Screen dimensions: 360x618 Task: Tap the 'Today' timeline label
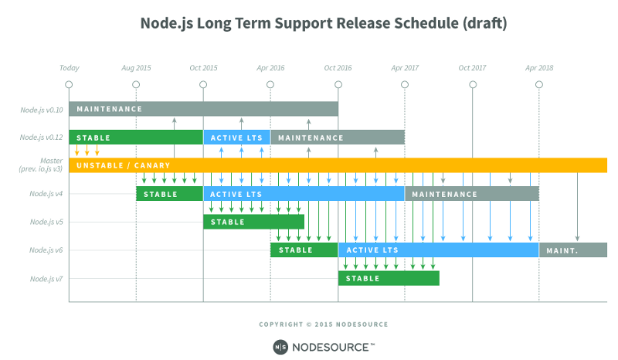(x=70, y=68)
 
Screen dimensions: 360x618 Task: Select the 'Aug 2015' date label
(x=136, y=68)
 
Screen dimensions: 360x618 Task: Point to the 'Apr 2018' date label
(x=539, y=68)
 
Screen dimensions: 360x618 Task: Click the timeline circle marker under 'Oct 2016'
(x=338, y=84)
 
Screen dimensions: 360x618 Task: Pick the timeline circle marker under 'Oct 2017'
(x=472, y=84)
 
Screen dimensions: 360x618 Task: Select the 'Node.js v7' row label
(x=46, y=279)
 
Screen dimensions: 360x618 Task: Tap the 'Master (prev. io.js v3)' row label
(x=42, y=165)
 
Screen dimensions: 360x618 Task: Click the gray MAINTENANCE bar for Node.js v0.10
(x=202, y=109)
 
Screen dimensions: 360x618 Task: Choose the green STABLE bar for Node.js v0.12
(x=135, y=138)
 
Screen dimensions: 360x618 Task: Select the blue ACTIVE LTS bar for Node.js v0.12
(x=236, y=138)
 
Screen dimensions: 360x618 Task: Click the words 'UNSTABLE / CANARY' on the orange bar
(x=124, y=165)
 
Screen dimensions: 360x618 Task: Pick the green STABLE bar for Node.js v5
(x=253, y=222)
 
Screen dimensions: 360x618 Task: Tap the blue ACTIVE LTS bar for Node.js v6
(x=438, y=250)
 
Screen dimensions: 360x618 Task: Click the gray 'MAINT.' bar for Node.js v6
(x=572, y=250)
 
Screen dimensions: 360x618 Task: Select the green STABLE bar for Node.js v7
(x=388, y=279)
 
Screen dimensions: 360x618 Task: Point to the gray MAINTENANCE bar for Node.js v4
(x=471, y=194)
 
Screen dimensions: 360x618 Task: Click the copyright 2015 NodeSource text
(x=324, y=324)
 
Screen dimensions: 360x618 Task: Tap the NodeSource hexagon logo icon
(x=280, y=346)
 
